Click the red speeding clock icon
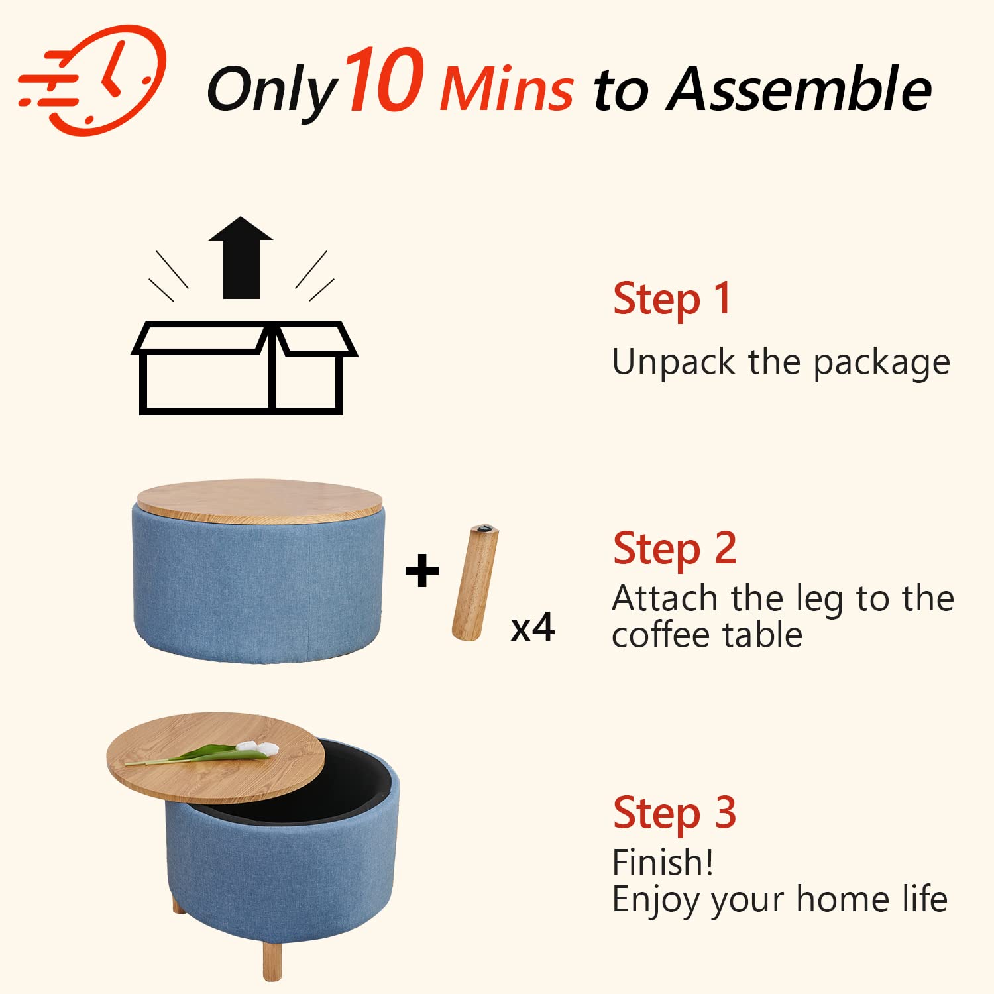click(x=93, y=80)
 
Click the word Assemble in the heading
click(x=799, y=89)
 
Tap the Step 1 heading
click(x=672, y=299)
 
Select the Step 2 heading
click(x=675, y=549)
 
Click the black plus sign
click(x=422, y=571)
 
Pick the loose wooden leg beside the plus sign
click(x=475, y=582)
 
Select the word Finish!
click(x=663, y=863)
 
